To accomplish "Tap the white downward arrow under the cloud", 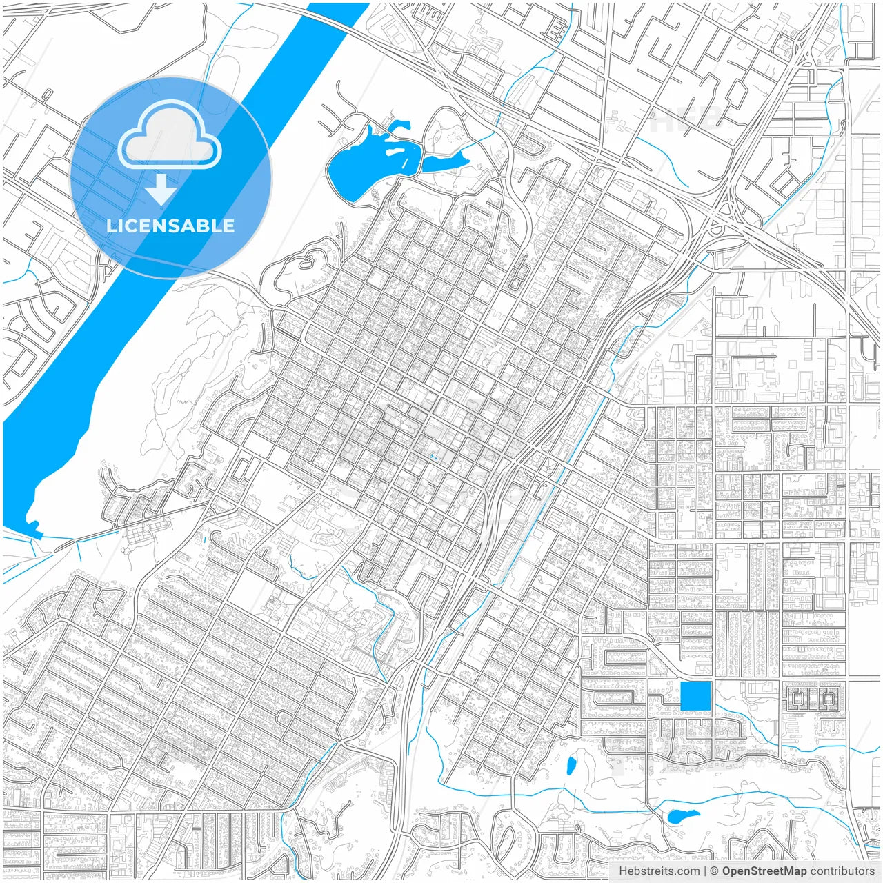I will [161, 190].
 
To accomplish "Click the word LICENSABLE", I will [170, 226].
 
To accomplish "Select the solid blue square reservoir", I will [695, 695].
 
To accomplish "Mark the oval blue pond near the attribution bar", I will [684, 816].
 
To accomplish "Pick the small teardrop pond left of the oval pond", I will [571, 765].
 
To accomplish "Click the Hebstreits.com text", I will [659, 871].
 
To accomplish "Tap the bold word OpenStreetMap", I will [764, 871].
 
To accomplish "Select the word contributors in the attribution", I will [842, 871].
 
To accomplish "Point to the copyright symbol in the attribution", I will [715, 871].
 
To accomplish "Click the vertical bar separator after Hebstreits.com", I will [705, 871].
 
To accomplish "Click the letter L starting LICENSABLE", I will [111, 226].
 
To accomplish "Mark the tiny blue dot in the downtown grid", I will [433, 457].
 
